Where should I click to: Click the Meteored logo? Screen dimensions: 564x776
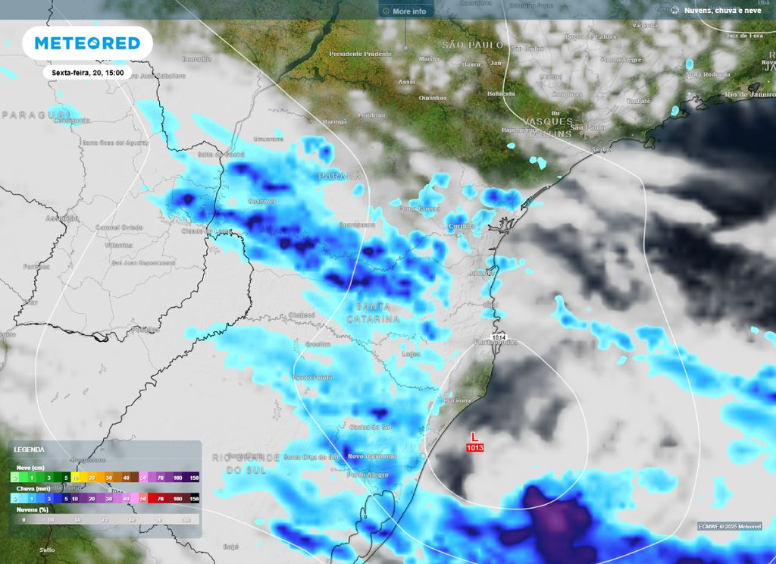(x=88, y=43)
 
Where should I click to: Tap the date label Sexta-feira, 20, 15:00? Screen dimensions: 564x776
(x=88, y=72)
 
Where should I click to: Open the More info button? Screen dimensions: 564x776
(x=405, y=11)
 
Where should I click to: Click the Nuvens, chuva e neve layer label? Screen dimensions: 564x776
(x=722, y=11)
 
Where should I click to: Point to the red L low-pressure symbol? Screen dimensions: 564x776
(x=475, y=437)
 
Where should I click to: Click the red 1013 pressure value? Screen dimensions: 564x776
(x=475, y=448)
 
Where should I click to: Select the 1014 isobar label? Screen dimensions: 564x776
(x=499, y=337)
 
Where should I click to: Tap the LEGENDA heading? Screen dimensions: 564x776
(x=30, y=450)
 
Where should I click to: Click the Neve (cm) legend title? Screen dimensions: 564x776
(x=29, y=468)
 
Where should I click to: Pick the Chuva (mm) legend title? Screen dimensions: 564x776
(x=30, y=489)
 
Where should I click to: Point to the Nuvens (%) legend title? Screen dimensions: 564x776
(x=30, y=509)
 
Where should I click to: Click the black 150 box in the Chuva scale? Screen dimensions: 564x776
(x=194, y=499)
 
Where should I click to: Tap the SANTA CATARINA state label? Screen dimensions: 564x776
(x=373, y=313)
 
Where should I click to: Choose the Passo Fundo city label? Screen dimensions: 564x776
(x=312, y=377)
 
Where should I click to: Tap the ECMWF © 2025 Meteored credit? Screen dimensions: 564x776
(x=730, y=526)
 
